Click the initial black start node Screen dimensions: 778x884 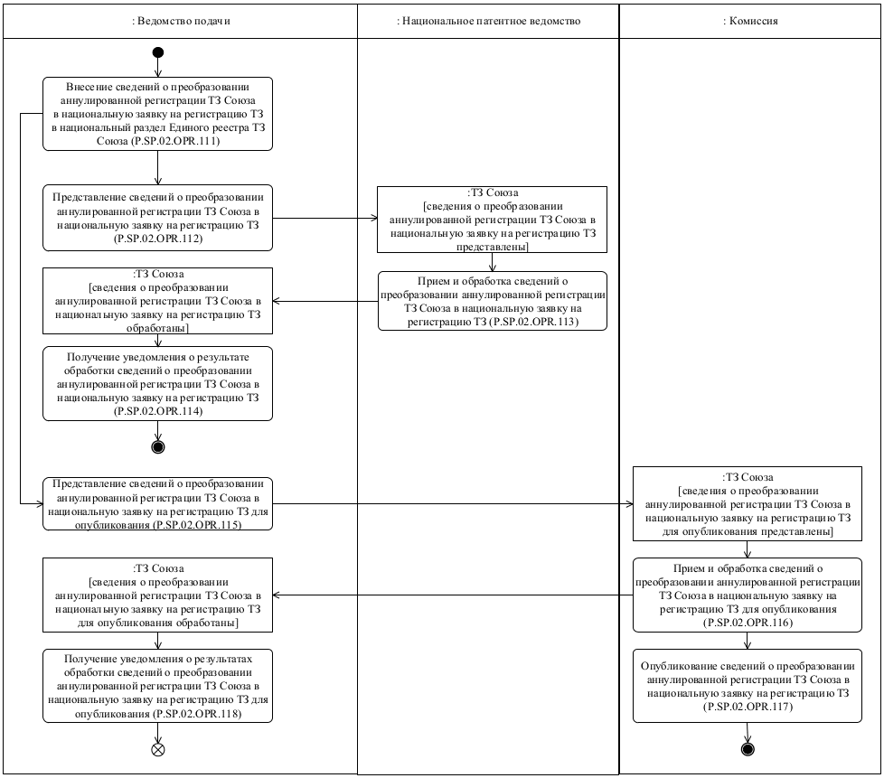click(x=157, y=52)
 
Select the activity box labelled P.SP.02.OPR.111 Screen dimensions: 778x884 click(x=157, y=114)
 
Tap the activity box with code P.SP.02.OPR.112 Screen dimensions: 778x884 click(x=157, y=218)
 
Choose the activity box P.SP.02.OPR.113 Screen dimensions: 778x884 click(x=492, y=300)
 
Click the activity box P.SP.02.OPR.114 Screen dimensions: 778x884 click(x=157, y=383)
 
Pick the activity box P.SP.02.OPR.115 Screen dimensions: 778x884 click(x=157, y=503)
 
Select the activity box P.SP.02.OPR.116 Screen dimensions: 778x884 click(x=747, y=595)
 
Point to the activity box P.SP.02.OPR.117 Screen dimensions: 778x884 click(x=747, y=685)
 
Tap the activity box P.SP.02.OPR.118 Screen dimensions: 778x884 click(x=157, y=686)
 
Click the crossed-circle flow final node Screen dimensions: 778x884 click(x=157, y=749)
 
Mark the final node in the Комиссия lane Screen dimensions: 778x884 click(x=747, y=749)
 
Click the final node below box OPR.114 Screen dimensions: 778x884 click(x=157, y=445)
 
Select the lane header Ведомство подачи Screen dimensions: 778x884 click(x=180, y=21)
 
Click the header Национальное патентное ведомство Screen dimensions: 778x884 click(x=488, y=21)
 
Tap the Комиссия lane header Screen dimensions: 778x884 click(x=750, y=21)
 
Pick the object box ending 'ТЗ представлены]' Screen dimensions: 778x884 click(x=492, y=219)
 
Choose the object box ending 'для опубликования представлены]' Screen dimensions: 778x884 click(x=747, y=503)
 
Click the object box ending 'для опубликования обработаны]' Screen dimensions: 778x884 click(x=157, y=595)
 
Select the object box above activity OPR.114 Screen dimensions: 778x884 click(x=157, y=300)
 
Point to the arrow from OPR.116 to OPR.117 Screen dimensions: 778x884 click(x=747, y=640)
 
